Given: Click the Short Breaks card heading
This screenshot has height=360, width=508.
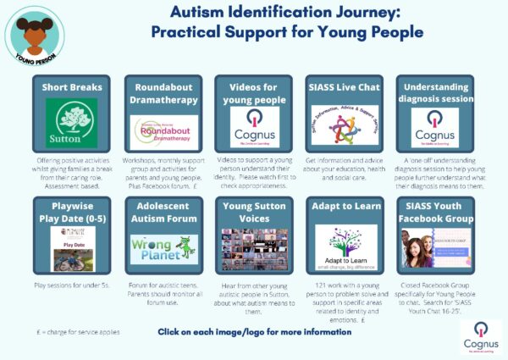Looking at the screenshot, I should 73,88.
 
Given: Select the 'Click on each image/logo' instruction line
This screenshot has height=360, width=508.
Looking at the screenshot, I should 254,331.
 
